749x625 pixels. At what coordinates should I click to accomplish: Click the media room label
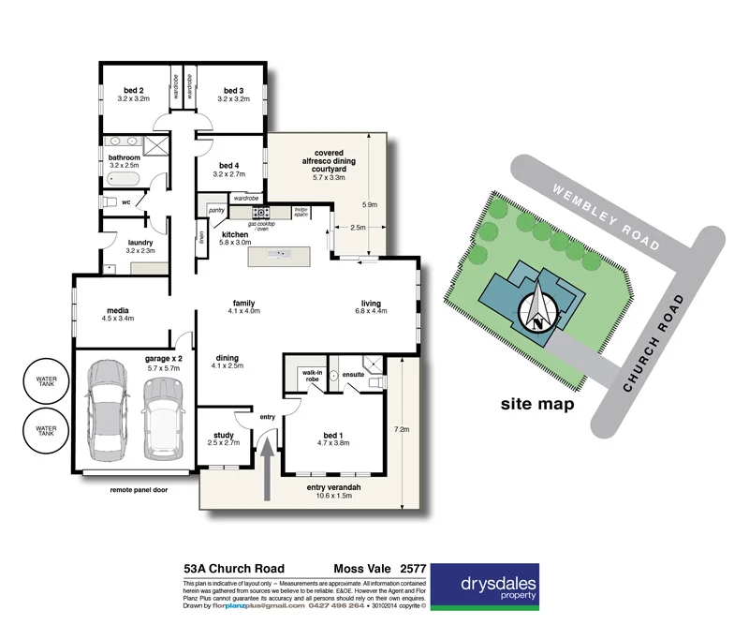tap(117, 311)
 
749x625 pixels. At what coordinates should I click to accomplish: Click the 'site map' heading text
tap(536, 405)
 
